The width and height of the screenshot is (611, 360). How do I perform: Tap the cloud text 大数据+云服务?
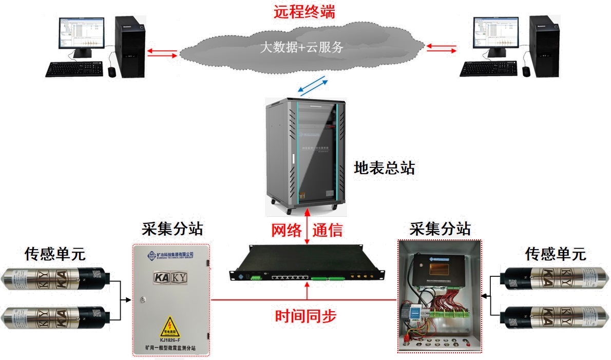[301, 48]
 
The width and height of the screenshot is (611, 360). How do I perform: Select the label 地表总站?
[384, 168]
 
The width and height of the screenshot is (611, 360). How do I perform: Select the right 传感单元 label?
[555, 254]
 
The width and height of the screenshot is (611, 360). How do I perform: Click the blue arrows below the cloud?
[312, 86]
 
